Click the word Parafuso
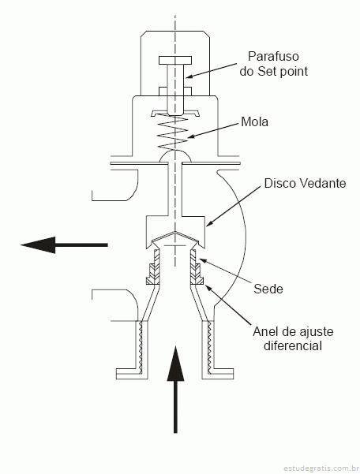point(273,56)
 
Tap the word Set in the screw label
point(268,71)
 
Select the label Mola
point(254,121)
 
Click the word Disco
point(279,183)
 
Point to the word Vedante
point(322,183)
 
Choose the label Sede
point(268,289)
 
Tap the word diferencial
point(293,345)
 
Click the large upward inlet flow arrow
point(175,390)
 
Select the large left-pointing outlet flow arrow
point(64,244)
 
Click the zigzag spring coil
point(174,132)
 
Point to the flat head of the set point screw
point(175,60)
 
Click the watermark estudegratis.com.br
point(320,468)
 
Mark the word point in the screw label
point(294,72)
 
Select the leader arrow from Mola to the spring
point(213,131)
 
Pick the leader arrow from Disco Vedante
point(233,207)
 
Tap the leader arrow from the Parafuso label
point(211,70)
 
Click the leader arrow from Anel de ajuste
point(228,304)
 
